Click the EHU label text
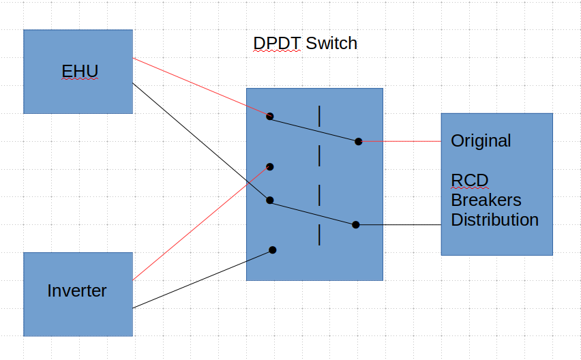pyautogui.click(x=80, y=71)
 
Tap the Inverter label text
pyautogui.click(x=77, y=290)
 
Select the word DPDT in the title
pyautogui.click(x=277, y=44)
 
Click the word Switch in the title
pyautogui.click(x=331, y=44)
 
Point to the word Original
pyautogui.click(x=481, y=141)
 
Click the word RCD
pyautogui.click(x=470, y=181)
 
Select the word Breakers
pyautogui.click(x=486, y=200)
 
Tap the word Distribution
pyautogui.click(x=494, y=220)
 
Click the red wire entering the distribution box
pyautogui.click(x=402, y=141)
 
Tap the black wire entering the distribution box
pyautogui.click(x=402, y=224)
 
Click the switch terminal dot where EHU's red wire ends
pyautogui.click(x=270, y=116)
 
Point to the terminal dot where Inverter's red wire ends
pyautogui.click(x=270, y=166)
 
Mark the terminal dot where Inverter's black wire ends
pyautogui.click(x=273, y=250)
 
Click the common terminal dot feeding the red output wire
pyautogui.click(x=358, y=141)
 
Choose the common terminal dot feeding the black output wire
pyautogui.click(x=356, y=224)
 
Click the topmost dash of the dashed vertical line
pyautogui.click(x=319, y=116)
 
